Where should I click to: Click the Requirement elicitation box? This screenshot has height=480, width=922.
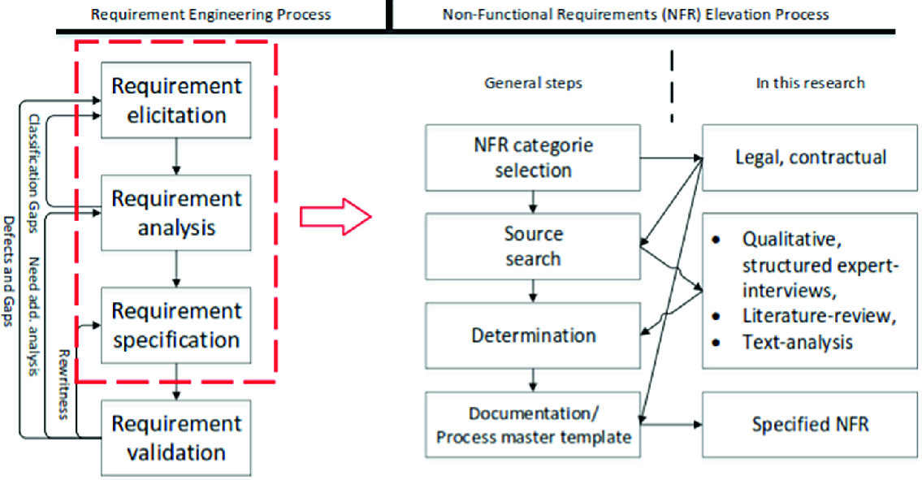(175, 100)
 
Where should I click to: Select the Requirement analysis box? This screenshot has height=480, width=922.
(175, 213)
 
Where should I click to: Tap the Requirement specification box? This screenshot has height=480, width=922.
(175, 325)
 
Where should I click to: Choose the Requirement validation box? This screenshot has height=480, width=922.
(175, 437)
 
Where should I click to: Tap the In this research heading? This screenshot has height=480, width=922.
(809, 83)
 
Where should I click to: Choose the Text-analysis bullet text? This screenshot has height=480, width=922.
(797, 342)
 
